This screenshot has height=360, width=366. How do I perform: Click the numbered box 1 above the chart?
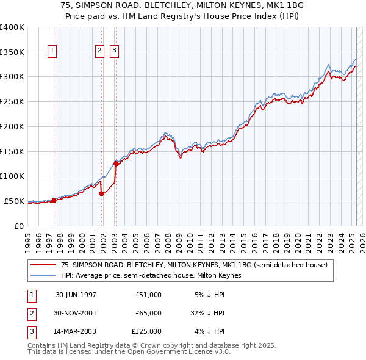[53, 51]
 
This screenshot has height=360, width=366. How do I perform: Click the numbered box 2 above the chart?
[99, 51]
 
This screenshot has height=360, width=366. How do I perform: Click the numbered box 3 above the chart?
[114, 51]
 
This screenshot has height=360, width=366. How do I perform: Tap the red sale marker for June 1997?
[54, 200]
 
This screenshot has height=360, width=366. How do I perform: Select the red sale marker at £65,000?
[102, 193]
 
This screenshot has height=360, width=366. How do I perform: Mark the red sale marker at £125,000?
[116, 164]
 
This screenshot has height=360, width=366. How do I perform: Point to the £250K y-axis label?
[12, 101]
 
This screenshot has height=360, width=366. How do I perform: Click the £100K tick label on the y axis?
[12, 176]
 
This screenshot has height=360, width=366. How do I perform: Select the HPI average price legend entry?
[151, 275]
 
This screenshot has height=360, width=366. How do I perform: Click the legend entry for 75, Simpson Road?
[194, 265]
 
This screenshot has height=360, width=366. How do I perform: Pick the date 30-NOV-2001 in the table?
[76, 313]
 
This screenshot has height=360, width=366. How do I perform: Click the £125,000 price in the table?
[146, 331]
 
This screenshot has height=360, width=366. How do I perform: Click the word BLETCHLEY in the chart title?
[145, 5]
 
